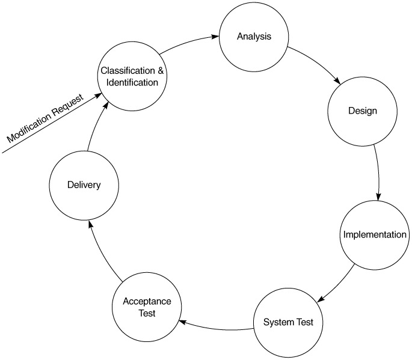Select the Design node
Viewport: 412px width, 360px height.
point(363,111)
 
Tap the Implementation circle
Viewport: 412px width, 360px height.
point(375,234)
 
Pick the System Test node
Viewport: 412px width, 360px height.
point(288,322)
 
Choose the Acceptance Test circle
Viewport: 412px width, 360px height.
point(147,307)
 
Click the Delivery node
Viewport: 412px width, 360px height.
point(84,185)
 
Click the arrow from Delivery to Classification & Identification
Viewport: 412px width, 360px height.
point(96,126)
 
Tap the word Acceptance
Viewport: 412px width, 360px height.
point(147,301)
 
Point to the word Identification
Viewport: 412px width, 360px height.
point(132,82)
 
